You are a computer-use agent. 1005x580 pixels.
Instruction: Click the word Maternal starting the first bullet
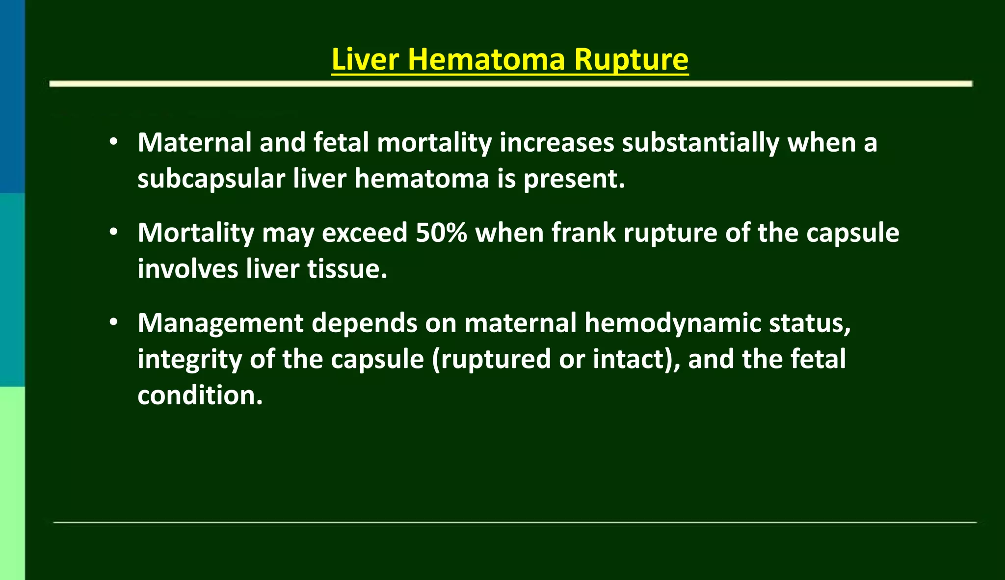[x=194, y=143]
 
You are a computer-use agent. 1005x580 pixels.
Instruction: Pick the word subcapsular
[x=211, y=179]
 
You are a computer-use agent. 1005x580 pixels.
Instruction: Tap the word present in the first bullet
[x=573, y=179]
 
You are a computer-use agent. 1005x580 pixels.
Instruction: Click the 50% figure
[x=441, y=233]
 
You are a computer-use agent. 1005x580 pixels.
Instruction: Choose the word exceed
[x=364, y=233]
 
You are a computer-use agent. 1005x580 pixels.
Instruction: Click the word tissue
[x=346, y=269]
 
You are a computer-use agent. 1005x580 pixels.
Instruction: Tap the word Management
[x=220, y=324]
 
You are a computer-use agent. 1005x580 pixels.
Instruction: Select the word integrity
[x=189, y=360]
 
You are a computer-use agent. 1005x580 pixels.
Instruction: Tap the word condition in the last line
[x=199, y=395]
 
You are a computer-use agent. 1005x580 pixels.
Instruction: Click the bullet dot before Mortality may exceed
[x=114, y=232]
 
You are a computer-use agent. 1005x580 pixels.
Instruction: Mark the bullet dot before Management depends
[x=114, y=322]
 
